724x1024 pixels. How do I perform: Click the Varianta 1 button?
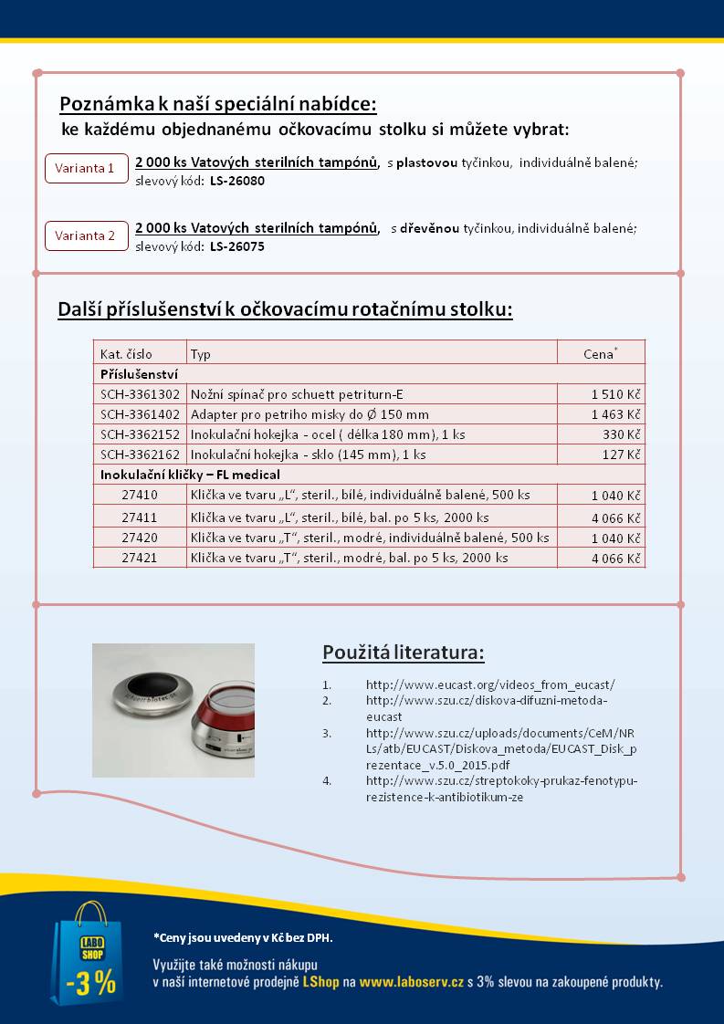(86, 168)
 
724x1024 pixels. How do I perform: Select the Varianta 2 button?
(86, 235)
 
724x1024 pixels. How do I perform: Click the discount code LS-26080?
(237, 181)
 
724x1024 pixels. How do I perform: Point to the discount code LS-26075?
(237, 246)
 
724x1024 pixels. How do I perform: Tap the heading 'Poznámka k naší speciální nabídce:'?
(218, 102)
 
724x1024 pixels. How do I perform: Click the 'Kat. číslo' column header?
(127, 353)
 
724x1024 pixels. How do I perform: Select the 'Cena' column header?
(600, 353)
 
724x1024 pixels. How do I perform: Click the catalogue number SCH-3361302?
(141, 394)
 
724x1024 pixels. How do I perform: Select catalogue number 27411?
(141, 517)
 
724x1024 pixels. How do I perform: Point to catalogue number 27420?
(141, 537)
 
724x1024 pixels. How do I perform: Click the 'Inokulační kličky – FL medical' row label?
(190, 475)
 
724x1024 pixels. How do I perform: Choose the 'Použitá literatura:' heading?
(403, 653)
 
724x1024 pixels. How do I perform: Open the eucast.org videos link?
(490, 684)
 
